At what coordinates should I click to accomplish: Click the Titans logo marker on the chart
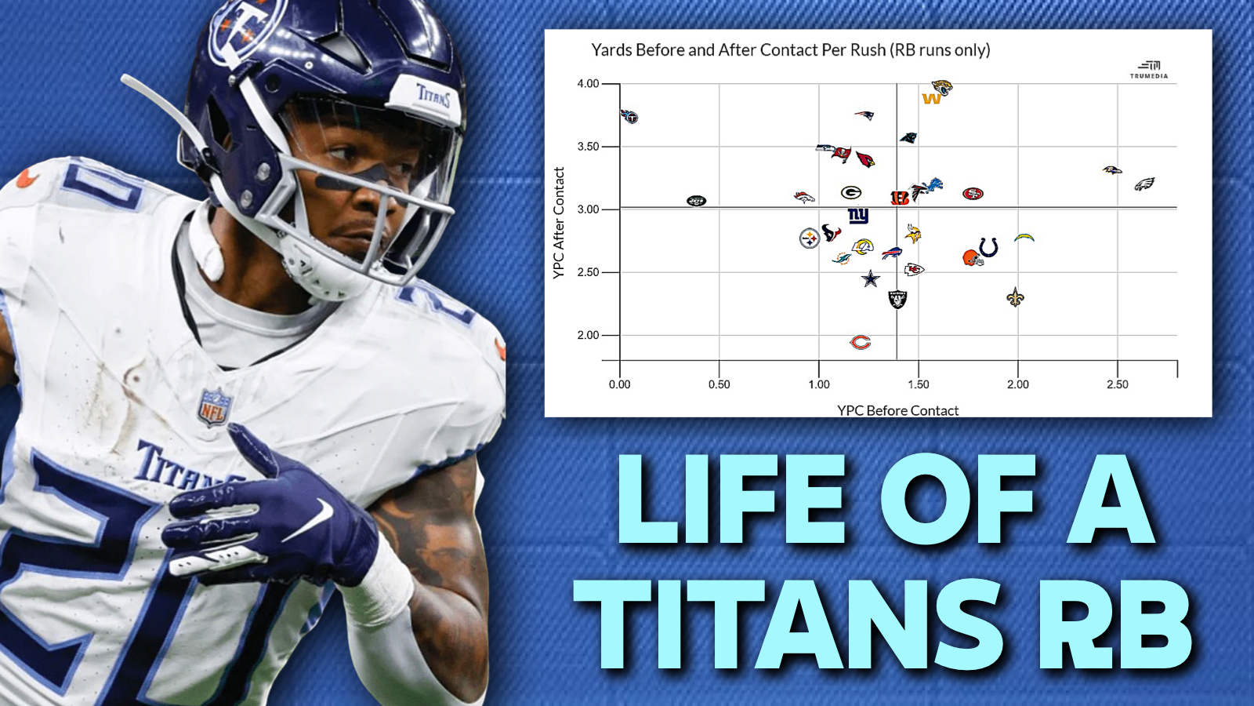coord(629,117)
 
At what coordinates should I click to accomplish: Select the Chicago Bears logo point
coord(861,342)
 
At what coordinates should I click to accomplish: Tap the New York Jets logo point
coord(697,201)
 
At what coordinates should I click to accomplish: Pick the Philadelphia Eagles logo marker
coord(1144,184)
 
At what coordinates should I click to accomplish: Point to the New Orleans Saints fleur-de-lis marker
coord(1015,297)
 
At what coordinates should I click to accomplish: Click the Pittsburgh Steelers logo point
coord(810,238)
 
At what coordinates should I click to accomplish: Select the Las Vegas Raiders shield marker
coord(898,299)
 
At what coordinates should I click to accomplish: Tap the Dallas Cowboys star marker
coord(871,278)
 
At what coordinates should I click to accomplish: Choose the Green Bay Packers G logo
coord(851,193)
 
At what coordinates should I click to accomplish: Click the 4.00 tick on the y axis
coord(588,83)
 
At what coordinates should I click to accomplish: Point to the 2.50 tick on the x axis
coord(1118,384)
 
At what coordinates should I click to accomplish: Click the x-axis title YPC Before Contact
coord(898,411)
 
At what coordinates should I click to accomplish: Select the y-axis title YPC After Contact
coord(559,223)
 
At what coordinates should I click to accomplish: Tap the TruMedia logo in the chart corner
coord(1149,70)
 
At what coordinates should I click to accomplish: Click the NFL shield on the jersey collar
coord(215,407)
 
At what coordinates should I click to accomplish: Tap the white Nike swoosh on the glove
coord(309,520)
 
